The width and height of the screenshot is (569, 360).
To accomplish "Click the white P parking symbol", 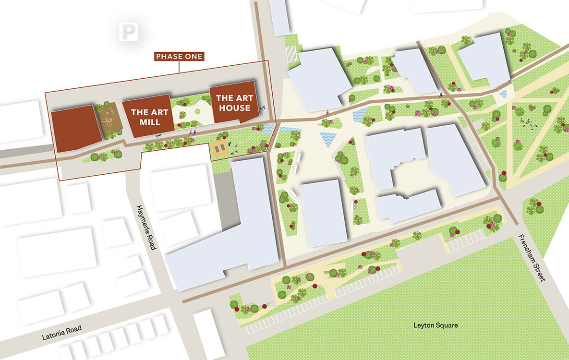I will pyautogui.click(x=128, y=32).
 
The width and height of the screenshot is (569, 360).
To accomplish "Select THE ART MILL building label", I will pyautogui.click(x=150, y=117).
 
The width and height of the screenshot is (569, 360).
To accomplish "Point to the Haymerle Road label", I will pyautogui.click(x=145, y=227).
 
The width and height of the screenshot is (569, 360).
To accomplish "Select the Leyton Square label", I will pyautogui.click(x=436, y=325).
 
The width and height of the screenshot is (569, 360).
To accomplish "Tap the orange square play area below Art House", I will pyautogui.click(x=219, y=148).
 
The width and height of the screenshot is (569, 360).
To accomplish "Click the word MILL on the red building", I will pyautogui.click(x=150, y=122).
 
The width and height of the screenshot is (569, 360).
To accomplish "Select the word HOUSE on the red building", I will pyautogui.click(x=233, y=108).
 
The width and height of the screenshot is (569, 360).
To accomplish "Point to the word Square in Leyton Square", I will pyautogui.click(x=446, y=325).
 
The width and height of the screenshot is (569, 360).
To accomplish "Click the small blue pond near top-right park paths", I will pyautogui.click(x=503, y=94).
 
